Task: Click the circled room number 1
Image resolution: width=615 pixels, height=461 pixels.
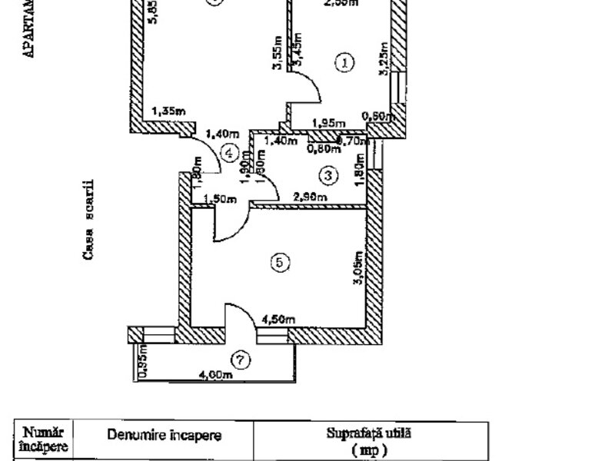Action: (345, 63)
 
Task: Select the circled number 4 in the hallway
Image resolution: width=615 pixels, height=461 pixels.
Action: (228, 153)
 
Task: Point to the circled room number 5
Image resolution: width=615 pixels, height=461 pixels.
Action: (281, 263)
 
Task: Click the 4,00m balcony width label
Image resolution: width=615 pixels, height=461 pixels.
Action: (215, 375)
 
